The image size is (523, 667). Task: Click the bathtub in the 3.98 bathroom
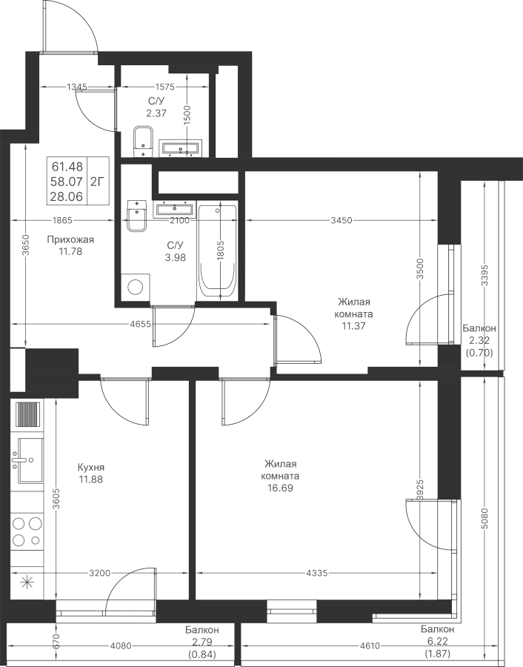pos(219,252)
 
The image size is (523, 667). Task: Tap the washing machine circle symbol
pos(136,288)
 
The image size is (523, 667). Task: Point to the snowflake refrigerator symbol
pos(27,582)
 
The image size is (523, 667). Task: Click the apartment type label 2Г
pos(97,179)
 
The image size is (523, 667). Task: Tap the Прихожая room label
pos(70,239)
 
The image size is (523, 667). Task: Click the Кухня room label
pos(90,468)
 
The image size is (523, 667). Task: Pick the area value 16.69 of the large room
pos(280,489)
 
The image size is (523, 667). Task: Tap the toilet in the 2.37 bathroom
pos(143,140)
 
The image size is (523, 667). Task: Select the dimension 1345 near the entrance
pos(77,87)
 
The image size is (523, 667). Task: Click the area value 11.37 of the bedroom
pos(353,325)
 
